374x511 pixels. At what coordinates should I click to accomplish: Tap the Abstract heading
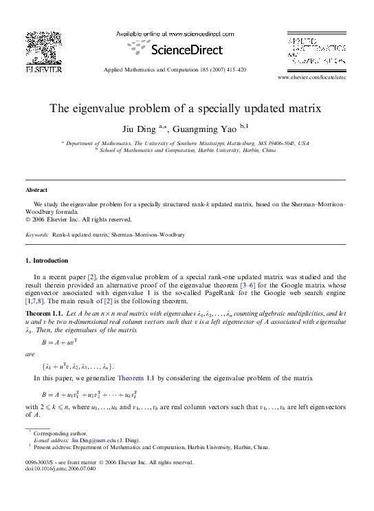36,189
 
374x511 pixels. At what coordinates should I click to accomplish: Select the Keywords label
36,235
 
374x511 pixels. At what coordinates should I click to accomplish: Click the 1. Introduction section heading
46,261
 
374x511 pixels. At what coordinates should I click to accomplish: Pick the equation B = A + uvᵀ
63,341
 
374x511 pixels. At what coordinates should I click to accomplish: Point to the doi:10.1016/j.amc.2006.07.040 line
60,468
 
